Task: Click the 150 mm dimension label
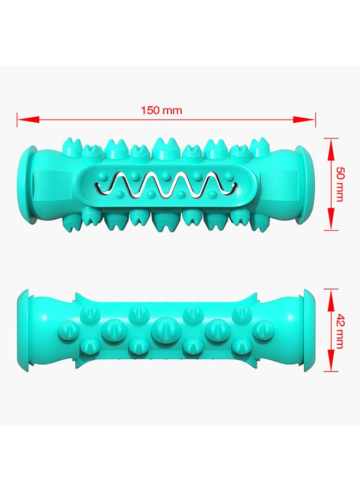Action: (161, 111)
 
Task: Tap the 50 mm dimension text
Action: (339, 184)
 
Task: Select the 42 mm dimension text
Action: (339, 331)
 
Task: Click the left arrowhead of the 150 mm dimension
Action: (28, 119)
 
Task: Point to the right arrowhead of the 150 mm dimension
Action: (304, 119)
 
